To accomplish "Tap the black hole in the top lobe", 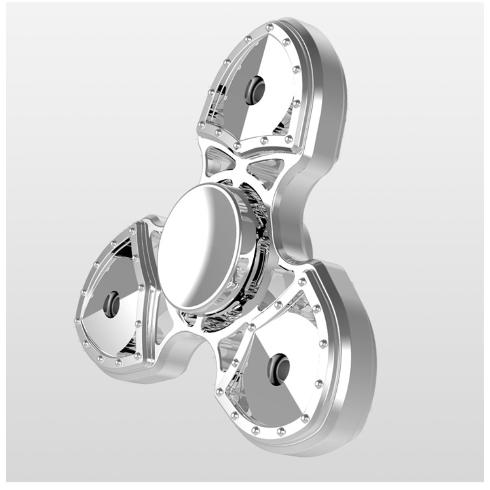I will coord(255,90).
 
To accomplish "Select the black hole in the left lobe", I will coord(112,304).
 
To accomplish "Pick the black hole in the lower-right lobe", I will coord(278,368).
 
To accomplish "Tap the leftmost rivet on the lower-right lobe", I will coord(220,392).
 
